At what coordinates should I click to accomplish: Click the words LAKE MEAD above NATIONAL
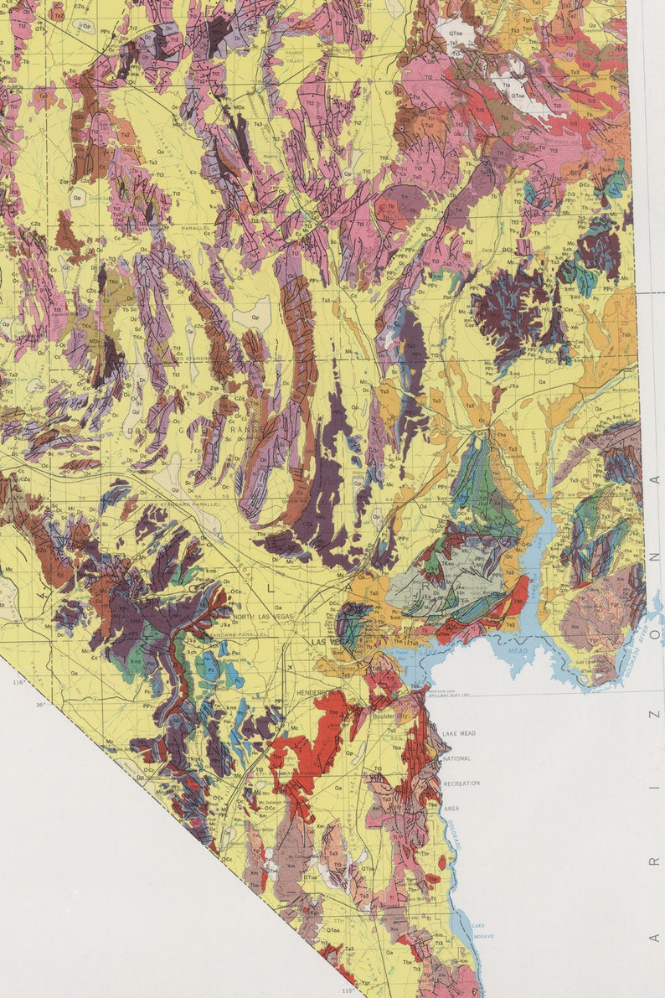pos(458,733)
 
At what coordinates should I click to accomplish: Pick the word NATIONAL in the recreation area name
pos(456,758)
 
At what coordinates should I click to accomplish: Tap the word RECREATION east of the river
pos(461,783)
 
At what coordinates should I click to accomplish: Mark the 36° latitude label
pos(41,704)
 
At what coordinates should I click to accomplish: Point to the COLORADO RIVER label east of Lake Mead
pos(639,654)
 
